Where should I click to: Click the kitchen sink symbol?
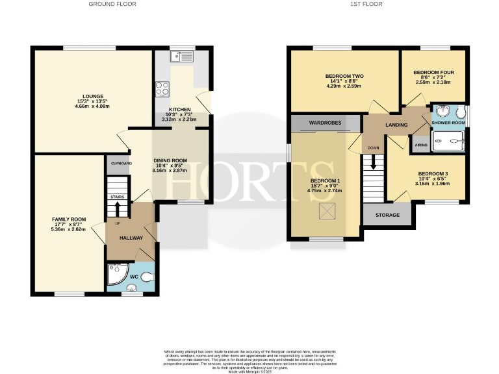click(181, 57)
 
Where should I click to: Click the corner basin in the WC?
click(117, 275)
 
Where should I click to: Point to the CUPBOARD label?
click(121, 164)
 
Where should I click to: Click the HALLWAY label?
click(131, 238)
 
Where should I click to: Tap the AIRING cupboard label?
click(421, 145)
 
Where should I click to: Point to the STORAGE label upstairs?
click(387, 214)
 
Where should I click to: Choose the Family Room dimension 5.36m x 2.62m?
click(69, 229)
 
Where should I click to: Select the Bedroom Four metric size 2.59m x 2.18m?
click(432, 82)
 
